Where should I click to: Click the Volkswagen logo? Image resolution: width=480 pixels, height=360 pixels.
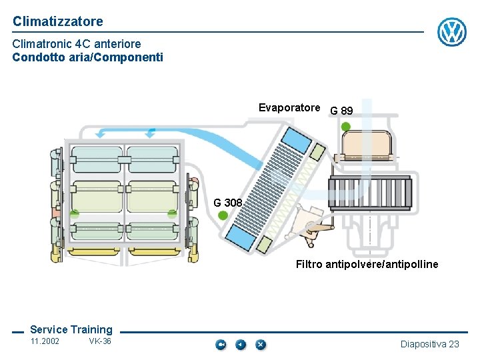451,32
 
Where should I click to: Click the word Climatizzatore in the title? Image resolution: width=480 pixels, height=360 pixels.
58,21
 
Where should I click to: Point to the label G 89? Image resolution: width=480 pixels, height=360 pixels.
341,111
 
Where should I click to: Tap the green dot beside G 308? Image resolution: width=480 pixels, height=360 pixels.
223,215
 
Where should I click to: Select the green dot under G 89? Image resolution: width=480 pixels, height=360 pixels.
345,126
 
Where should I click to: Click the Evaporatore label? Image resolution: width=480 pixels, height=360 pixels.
289,107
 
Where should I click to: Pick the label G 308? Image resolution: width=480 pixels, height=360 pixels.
228,203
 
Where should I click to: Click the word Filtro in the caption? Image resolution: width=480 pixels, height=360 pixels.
309,265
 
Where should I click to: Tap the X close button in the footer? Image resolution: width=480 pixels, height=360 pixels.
261,344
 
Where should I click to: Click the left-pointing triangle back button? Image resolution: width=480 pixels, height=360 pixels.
241,344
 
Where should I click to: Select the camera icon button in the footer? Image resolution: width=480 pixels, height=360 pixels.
221,344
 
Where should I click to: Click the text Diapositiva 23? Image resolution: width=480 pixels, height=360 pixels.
429,344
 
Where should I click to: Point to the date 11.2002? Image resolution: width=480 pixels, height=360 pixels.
45,341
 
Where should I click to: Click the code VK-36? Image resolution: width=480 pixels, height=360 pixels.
100,341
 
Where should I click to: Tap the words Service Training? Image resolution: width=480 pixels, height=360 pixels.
71,329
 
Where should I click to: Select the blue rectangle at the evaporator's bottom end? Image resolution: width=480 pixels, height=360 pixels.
239,234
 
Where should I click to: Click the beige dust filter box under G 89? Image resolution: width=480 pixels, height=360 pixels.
365,142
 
